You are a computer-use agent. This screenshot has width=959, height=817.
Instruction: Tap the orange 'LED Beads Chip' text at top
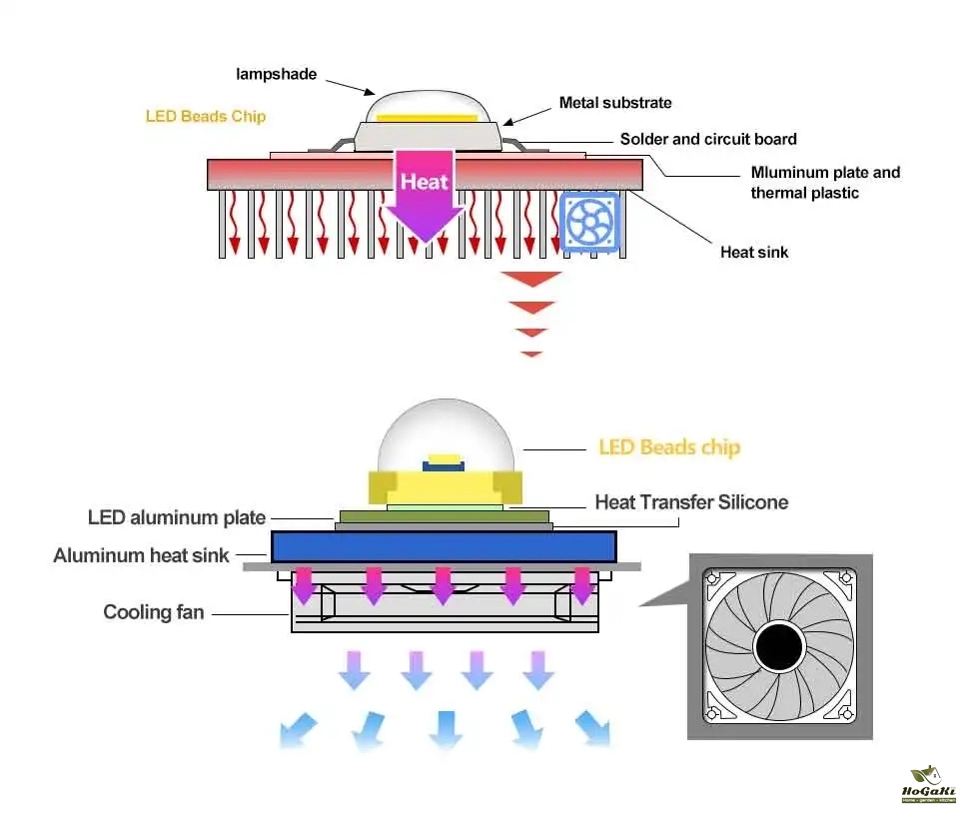point(206,116)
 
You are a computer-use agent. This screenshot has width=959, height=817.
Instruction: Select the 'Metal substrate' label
point(615,102)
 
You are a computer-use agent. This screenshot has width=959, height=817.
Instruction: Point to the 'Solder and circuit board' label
point(708,139)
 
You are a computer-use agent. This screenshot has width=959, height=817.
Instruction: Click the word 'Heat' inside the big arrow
point(425,182)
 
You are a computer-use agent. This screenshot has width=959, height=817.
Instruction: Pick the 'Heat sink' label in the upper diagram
point(754,252)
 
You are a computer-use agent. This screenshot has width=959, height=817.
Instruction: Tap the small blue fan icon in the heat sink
point(591,221)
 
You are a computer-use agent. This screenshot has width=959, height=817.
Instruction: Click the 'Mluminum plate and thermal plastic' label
point(825,182)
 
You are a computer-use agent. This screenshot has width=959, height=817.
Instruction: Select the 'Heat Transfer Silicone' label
point(691,501)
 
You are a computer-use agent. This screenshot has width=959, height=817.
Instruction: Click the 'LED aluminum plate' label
point(177,517)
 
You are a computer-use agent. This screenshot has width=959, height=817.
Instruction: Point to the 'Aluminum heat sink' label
point(141,555)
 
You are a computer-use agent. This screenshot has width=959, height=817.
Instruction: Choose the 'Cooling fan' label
point(154,611)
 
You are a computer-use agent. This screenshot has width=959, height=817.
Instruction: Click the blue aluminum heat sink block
point(443,545)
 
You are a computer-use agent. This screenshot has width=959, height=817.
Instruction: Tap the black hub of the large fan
point(780,647)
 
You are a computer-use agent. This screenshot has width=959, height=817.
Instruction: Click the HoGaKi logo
point(928,785)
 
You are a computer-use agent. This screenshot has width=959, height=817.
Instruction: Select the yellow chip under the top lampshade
point(431,118)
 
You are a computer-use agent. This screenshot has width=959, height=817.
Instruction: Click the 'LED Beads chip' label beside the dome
point(669,446)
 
